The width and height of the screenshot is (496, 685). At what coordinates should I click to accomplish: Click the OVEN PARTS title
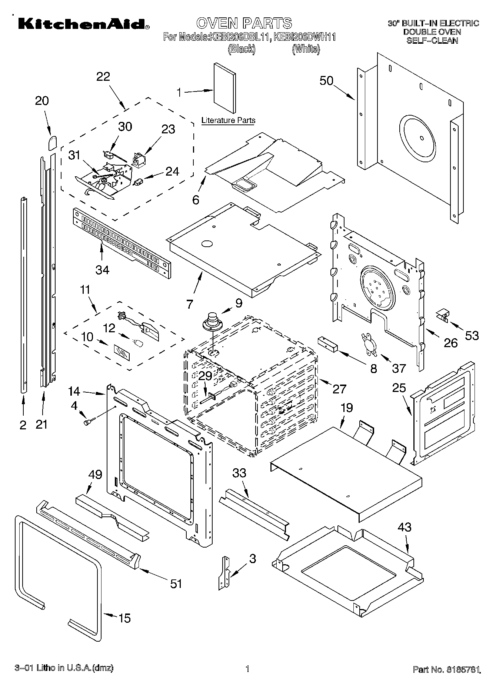tap(244, 23)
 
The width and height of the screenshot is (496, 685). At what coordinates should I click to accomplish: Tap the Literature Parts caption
tap(228, 120)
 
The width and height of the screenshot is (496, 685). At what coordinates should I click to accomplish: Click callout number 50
tap(326, 81)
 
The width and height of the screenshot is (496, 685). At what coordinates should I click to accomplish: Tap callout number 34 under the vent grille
tap(102, 270)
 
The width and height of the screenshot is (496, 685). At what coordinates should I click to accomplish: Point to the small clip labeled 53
tap(442, 314)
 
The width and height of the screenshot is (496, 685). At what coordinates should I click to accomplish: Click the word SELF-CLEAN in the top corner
tap(432, 40)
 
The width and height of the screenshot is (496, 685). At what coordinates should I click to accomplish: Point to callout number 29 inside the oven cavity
tap(205, 376)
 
